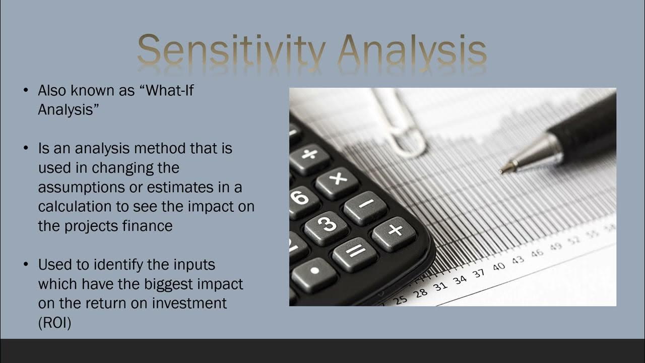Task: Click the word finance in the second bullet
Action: (x=147, y=226)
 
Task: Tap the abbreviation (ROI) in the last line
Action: (x=54, y=323)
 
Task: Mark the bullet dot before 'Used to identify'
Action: (x=26, y=265)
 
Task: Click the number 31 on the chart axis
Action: (x=440, y=286)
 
